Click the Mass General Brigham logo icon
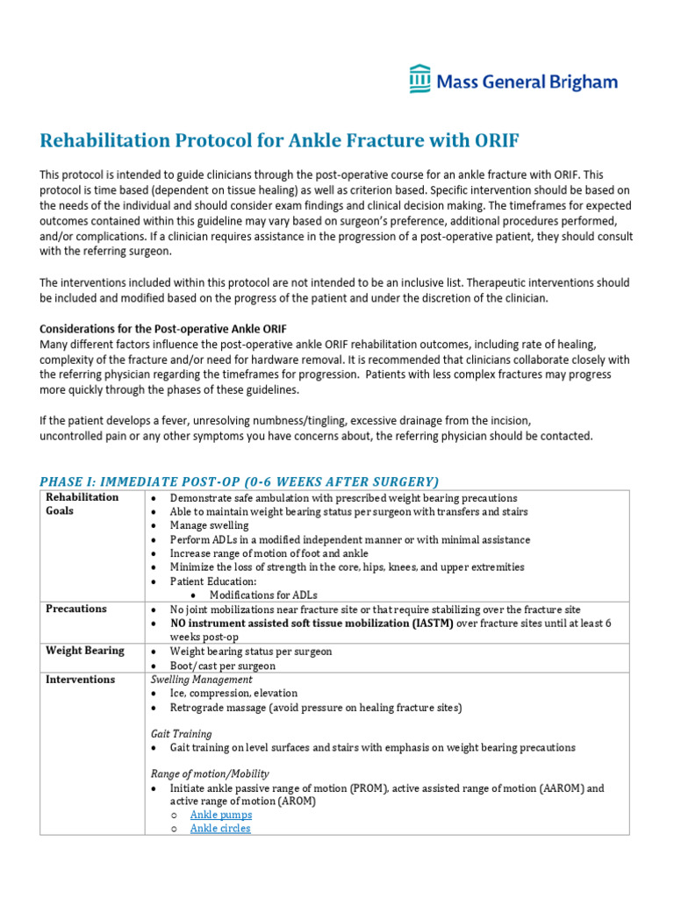[x=420, y=79]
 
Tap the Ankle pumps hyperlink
[x=220, y=815]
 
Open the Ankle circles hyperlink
[x=220, y=829]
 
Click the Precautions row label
[x=76, y=609]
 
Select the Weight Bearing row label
[x=85, y=651]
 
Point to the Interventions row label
[x=81, y=680]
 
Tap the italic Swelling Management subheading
[x=201, y=680]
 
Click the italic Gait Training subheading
[x=181, y=734]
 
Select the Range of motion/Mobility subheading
[x=210, y=774]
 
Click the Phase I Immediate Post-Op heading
[x=239, y=481]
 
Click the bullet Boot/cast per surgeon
[x=222, y=666]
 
